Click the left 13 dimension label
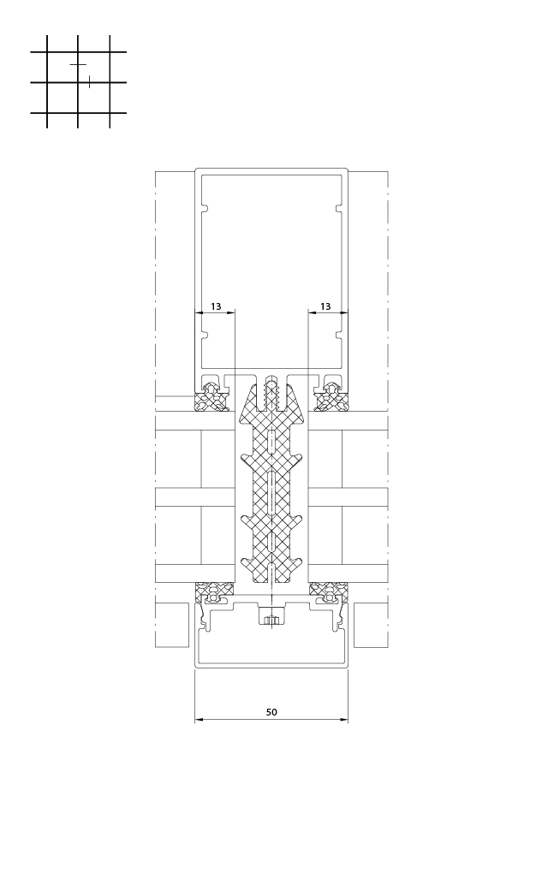click(216, 306)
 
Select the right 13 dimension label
click(325, 306)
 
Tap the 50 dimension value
click(271, 712)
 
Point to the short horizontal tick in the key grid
click(78, 65)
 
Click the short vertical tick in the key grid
click(89, 82)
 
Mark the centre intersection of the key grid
click(78, 83)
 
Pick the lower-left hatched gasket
click(215, 591)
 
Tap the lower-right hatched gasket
click(329, 591)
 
